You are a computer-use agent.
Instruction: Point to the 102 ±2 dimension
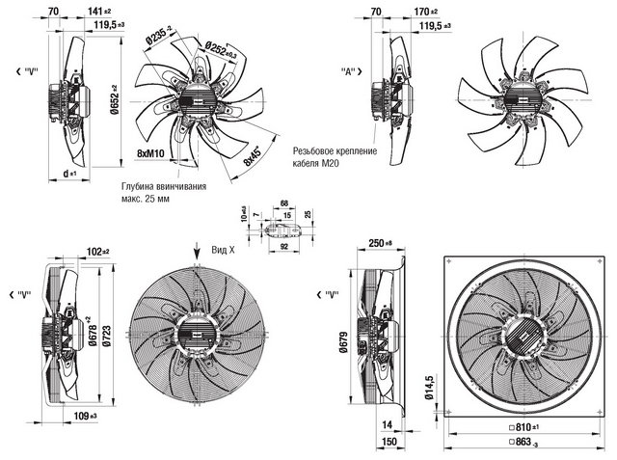[x=96, y=254]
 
